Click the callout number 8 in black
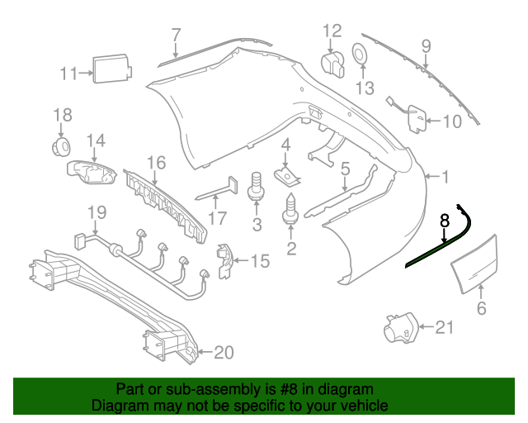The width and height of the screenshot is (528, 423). pyautogui.click(x=444, y=221)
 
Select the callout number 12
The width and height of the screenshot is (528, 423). pyautogui.click(x=331, y=31)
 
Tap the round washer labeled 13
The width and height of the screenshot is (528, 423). pyautogui.click(x=361, y=55)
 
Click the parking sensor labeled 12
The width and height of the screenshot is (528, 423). pyautogui.click(x=332, y=62)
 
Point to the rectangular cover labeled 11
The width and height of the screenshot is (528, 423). pyautogui.click(x=110, y=67)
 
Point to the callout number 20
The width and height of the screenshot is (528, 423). pyautogui.click(x=224, y=354)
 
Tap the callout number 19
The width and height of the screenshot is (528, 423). pyautogui.click(x=97, y=213)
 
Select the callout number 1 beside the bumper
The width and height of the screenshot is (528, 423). pyautogui.click(x=445, y=176)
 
